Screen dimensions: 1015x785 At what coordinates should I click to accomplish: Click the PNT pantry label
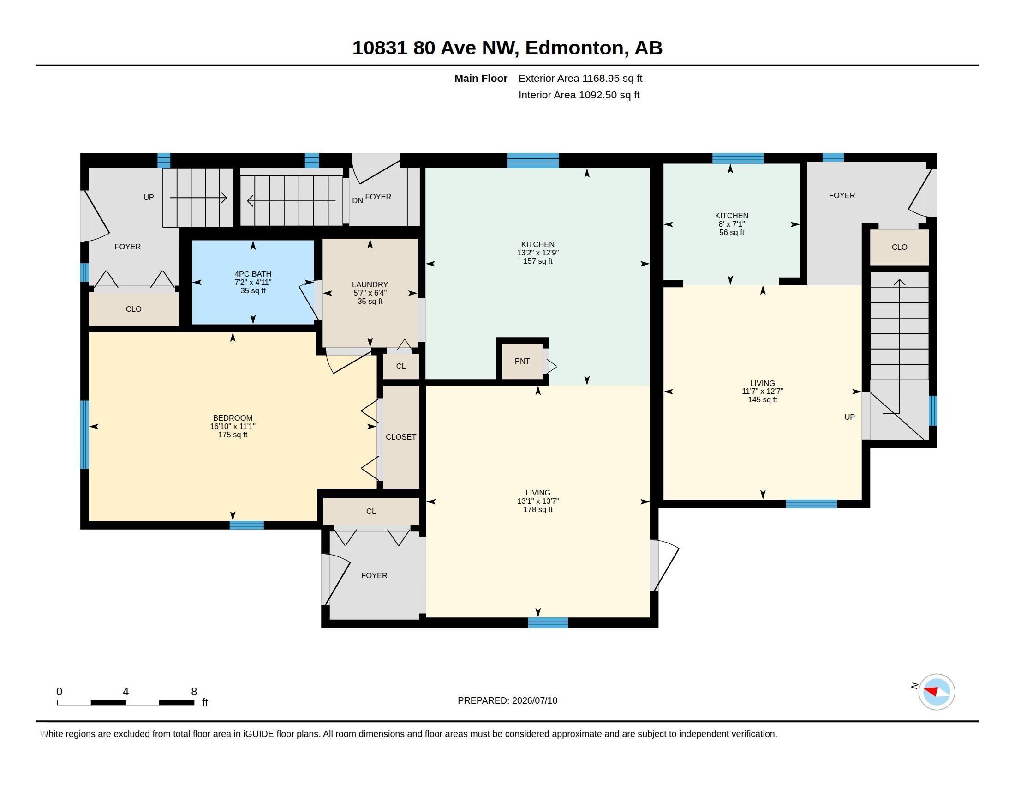(522, 361)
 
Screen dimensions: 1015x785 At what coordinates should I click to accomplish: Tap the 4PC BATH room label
(253, 274)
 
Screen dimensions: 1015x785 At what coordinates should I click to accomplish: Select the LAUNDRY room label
(370, 284)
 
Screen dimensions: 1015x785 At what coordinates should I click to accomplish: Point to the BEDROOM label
(233, 418)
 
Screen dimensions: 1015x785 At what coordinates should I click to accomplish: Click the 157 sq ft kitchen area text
(537, 261)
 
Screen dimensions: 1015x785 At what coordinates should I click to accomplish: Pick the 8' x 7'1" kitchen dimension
(732, 224)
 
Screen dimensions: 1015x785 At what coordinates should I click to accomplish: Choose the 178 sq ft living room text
(537, 510)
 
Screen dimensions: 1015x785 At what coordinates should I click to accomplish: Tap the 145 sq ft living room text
(762, 399)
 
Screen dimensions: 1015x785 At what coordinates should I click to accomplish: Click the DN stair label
(358, 200)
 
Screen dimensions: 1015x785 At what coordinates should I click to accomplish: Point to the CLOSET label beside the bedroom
(400, 437)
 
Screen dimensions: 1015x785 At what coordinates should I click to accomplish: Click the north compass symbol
(936, 692)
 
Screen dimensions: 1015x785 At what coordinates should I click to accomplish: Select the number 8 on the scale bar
(194, 692)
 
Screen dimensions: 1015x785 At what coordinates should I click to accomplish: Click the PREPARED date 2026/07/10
(534, 700)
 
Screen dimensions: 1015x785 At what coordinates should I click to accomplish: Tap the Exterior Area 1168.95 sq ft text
(580, 78)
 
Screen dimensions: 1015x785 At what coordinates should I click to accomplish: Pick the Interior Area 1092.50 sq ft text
(579, 95)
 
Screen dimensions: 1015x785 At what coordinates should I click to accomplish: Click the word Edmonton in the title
(575, 48)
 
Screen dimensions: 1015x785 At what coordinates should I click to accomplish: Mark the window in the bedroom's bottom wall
(247, 525)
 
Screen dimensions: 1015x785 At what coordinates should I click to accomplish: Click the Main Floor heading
(481, 78)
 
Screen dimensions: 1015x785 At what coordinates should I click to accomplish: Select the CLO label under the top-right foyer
(899, 247)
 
